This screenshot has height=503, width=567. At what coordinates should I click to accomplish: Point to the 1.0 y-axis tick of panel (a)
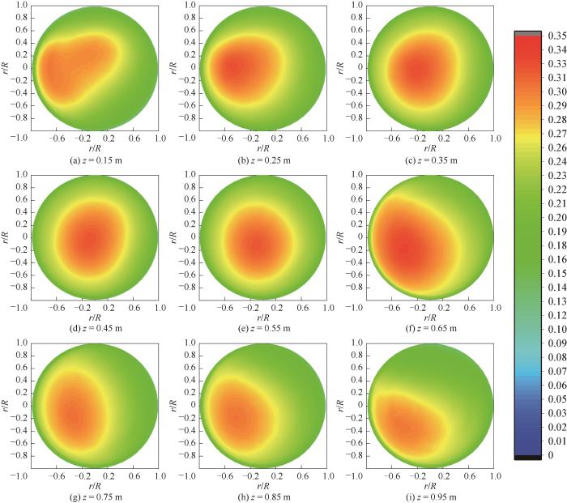[x=14, y=5]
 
